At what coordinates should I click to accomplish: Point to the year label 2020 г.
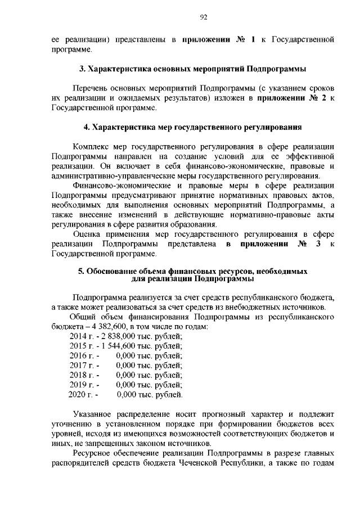(x=80, y=395)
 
